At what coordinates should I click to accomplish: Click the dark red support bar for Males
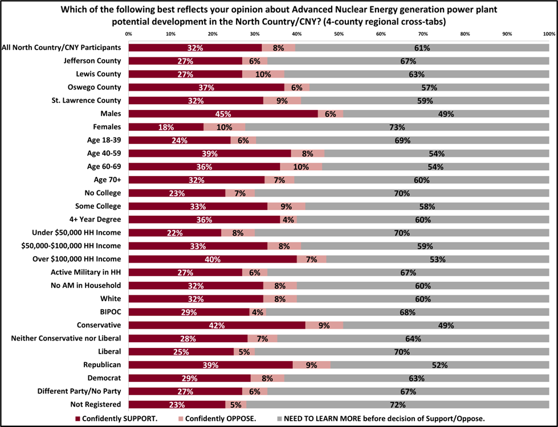(222, 114)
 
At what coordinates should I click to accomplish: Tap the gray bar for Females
(397, 127)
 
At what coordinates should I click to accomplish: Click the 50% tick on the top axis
(339, 34)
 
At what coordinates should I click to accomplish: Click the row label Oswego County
(99, 87)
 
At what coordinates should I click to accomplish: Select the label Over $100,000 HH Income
(82, 259)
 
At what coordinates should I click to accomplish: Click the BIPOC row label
(111, 312)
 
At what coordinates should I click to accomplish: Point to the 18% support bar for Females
(165, 127)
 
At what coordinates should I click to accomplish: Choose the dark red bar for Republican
(210, 365)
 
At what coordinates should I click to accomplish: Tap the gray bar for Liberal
(402, 352)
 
